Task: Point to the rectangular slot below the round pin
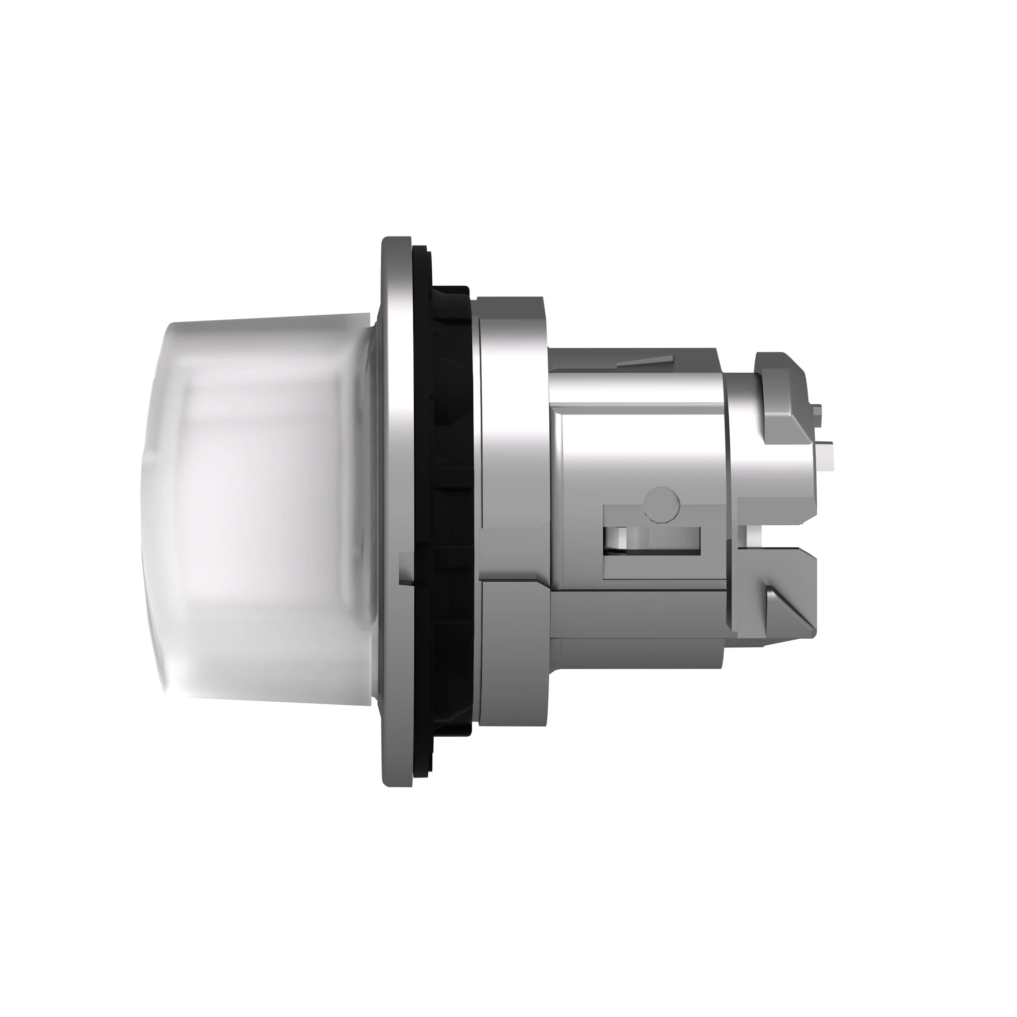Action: (x=653, y=539)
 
